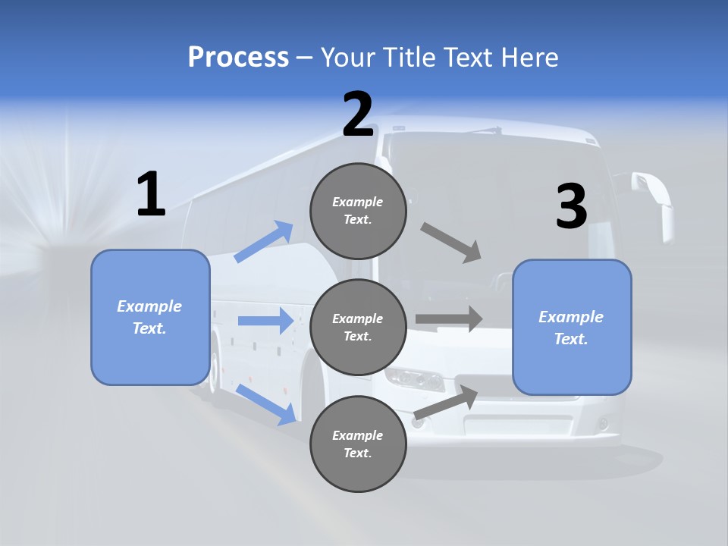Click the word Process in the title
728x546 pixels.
click(238, 57)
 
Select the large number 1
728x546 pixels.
click(151, 195)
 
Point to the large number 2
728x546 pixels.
click(358, 115)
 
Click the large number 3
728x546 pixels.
click(571, 207)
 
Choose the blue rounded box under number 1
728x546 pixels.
click(150, 317)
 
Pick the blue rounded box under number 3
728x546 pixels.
click(572, 328)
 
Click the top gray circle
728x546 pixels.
click(358, 211)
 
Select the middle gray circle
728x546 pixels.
click(358, 328)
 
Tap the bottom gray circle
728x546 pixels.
click(358, 444)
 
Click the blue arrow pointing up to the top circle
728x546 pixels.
click(264, 242)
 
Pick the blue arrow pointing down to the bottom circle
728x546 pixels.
click(265, 403)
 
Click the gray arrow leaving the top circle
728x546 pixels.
click(451, 243)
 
